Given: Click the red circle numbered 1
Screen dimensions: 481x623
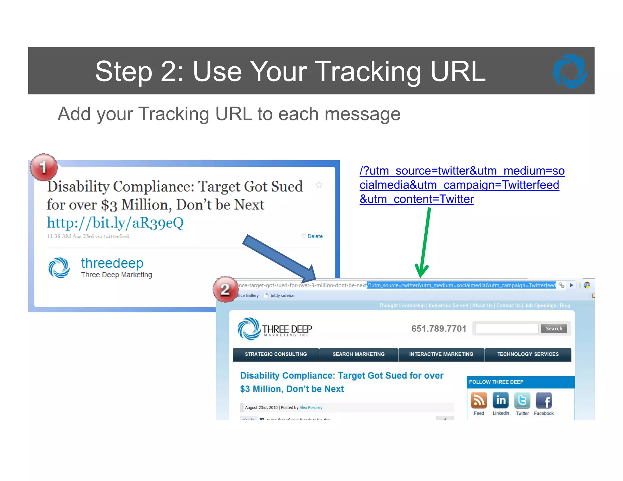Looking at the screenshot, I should point(44,167).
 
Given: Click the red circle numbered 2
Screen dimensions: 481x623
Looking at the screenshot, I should point(225,289).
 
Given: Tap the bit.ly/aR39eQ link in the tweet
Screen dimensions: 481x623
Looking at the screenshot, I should point(115,223).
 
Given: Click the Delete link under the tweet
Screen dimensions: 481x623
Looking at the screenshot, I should point(315,236).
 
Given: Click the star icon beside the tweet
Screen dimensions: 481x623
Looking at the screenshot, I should point(319,185).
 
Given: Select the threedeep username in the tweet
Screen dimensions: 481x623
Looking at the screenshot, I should point(112,263).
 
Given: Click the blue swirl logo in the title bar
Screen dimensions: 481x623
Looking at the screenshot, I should point(569,71).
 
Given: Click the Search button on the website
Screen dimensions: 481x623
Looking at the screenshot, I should point(554,328).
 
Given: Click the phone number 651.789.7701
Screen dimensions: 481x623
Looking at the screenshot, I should point(438,328).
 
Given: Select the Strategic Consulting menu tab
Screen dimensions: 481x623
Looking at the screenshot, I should point(276,354).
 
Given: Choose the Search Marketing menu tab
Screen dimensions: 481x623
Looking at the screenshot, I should point(358,354).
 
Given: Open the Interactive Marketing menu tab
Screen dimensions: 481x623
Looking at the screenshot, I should point(441,354).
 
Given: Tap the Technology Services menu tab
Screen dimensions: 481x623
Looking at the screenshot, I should point(528,354).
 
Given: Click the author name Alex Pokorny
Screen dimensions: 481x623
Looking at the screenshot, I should point(311,407).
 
